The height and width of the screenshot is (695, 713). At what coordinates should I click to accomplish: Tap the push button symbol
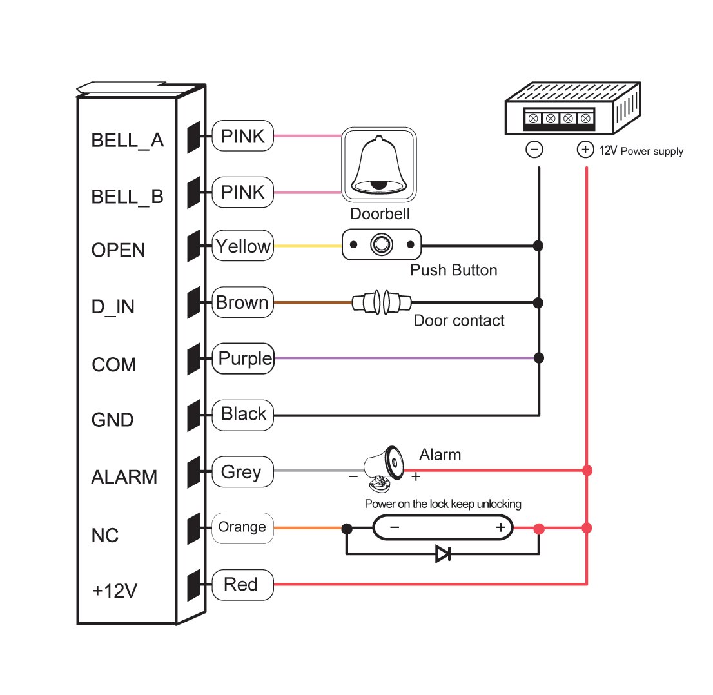point(381,245)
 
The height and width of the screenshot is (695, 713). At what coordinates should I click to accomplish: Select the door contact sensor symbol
point(382,302)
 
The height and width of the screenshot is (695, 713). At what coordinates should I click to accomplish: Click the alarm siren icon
point(384,468)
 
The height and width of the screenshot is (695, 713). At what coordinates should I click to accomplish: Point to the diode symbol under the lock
point(443,553)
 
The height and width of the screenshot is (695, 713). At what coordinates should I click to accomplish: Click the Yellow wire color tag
point(242,246)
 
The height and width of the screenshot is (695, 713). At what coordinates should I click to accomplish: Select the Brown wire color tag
point(242,302)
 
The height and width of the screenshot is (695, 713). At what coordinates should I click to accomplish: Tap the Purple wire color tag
point(243,358)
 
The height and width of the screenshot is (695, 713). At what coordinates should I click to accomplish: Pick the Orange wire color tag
point(242,527)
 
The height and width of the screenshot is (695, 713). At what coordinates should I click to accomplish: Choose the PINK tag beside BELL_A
point(242,136)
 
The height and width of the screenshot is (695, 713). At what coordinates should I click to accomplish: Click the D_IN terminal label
point(113,308)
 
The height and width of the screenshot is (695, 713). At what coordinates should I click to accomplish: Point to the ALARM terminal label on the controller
point(124,477)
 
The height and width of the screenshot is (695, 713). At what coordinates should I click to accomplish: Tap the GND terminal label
point(113,420)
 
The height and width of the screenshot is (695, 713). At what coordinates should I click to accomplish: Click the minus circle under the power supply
point(534,150)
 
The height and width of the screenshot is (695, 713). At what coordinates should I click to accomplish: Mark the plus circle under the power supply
point(585,150)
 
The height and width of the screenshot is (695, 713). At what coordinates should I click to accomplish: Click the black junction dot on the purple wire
point(539,358)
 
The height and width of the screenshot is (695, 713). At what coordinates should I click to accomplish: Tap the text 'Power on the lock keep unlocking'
point(443,504)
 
